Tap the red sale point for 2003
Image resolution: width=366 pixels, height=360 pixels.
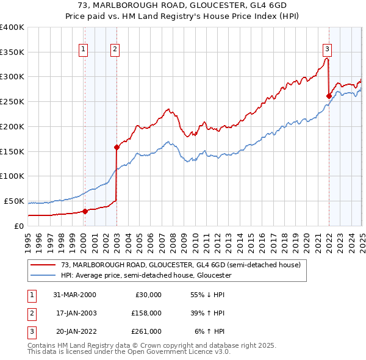117,146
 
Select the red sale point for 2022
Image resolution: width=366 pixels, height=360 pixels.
329,96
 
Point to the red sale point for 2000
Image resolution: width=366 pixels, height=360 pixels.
85,211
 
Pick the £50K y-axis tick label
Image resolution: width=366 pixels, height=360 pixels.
15,201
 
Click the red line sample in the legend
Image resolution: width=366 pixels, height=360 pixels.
43,265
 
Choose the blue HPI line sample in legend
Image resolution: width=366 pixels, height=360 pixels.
43,276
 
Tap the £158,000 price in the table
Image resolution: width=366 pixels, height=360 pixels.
146,313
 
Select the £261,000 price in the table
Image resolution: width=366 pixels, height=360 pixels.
146,331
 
